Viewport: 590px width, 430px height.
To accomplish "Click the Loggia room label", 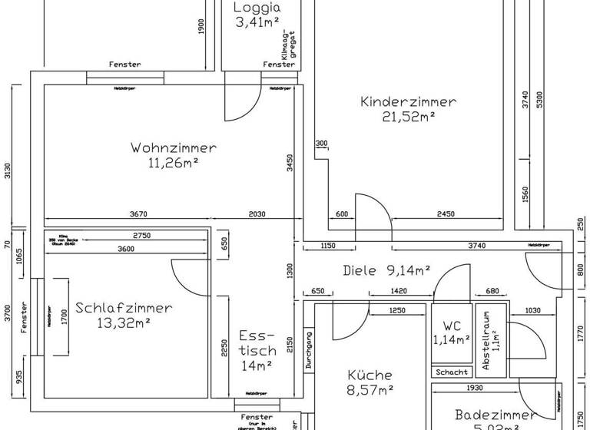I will pos(257,8).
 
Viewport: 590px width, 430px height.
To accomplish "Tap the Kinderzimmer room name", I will pos(408,101).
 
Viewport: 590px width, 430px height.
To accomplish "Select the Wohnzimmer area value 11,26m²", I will pos(174,162).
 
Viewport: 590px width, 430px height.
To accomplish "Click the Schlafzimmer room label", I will pos(124,307).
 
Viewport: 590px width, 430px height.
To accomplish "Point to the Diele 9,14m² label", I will pos(386,270).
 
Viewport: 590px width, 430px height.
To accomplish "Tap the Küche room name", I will pos(370,375).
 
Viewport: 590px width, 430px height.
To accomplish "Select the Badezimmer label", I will pos(496,415).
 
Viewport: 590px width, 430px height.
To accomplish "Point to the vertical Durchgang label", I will pos(309,350).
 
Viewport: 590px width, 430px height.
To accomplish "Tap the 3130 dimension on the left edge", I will pos(8,170).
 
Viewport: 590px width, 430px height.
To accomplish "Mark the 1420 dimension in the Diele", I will pos(398,292).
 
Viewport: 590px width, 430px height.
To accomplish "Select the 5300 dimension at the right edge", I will pos(540,99).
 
